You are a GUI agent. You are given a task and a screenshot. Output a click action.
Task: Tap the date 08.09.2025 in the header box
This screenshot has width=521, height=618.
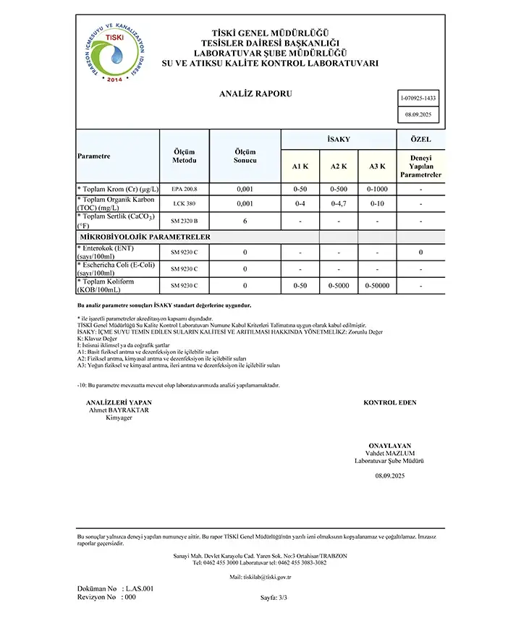click(418, 114)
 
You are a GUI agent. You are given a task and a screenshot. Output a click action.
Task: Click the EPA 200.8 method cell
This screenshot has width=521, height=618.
click(184, 189)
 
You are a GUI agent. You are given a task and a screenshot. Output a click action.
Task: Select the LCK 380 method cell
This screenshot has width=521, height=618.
click(184, 204)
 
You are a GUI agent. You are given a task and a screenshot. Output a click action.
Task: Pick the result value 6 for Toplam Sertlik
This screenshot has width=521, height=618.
click(245, 221)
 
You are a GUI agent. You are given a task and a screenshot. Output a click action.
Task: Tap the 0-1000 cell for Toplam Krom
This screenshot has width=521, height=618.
click(377, 189)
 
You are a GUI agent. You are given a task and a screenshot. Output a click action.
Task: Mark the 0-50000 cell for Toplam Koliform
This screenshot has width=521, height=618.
click(377, 287)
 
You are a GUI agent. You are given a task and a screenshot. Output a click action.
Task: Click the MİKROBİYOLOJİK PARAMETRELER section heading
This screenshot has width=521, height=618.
click(144, 237)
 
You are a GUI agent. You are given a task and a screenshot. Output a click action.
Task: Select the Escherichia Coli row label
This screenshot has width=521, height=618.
click(115, 268)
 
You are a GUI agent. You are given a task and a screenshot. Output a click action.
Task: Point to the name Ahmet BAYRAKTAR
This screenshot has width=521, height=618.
click(118, 410)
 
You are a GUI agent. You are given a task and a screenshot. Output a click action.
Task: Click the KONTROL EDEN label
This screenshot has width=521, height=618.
click(389, 402)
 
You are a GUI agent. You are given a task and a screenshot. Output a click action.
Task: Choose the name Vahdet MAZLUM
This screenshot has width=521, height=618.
click(389, 453)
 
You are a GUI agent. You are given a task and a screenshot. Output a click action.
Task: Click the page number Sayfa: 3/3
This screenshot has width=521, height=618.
click(274, 598)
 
